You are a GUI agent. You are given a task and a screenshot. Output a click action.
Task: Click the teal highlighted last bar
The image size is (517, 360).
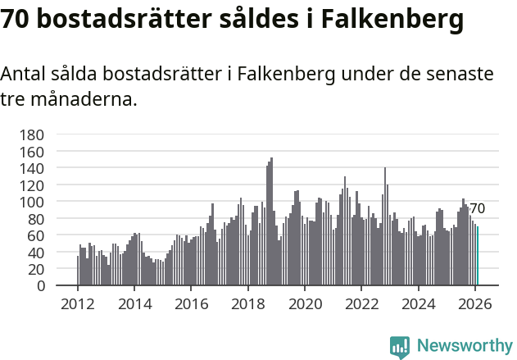[x=477, y=256]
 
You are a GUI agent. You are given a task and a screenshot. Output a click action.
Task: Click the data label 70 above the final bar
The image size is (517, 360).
[x=477, y=208]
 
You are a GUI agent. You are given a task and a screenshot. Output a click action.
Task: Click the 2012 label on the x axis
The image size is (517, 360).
[x=78, y=303]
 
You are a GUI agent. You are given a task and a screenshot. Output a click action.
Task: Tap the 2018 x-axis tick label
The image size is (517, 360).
[x=247, y=303]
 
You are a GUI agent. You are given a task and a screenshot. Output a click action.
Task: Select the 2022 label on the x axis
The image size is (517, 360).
[x=361, y=303]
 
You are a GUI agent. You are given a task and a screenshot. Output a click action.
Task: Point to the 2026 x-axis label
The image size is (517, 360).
[x=474, y=303]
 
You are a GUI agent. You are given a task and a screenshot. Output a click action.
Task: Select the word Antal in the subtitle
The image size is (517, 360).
[x=25, y=74]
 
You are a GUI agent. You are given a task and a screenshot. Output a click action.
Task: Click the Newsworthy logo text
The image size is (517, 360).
[x=465, y=346]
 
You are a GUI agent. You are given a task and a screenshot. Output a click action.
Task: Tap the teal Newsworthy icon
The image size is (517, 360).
[x=400, y=347]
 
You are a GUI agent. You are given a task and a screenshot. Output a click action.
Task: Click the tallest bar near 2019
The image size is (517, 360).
[x=271, y=221]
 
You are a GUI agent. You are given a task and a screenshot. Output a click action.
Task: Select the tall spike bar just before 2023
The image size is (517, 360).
[x=385, y=226]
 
